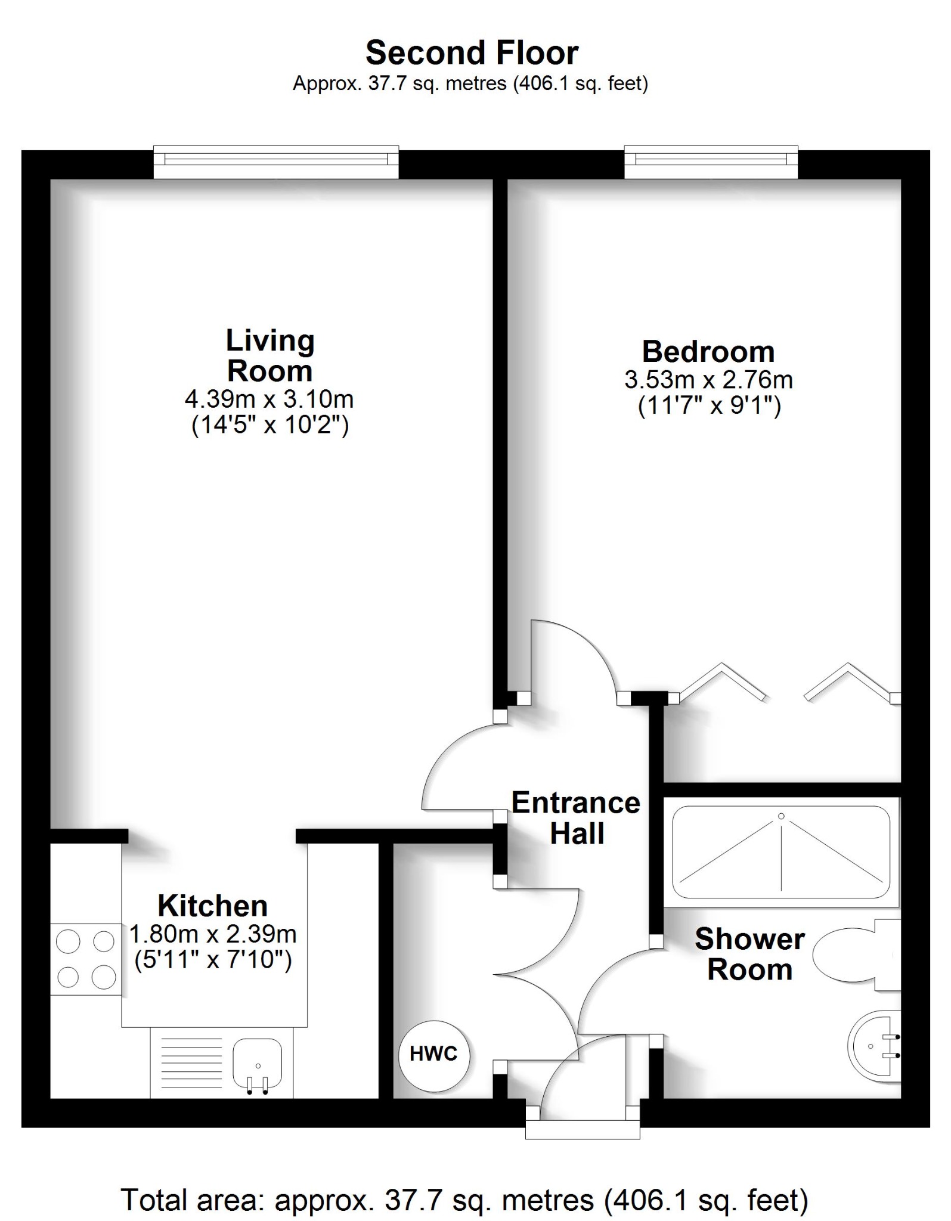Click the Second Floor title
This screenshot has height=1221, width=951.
pyautogui.click(x=472, y=53)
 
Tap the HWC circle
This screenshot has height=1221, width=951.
pyautogui.click(x=433, y=1054)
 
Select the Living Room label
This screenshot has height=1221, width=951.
pyautogui.click(x=270, y=356)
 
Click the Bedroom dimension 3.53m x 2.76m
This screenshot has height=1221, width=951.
pyautogui.click(x=708, y=380)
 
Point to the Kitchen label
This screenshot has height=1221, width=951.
pyautogui.click(x=213, y=906)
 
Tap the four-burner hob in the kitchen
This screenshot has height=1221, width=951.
pyautogui.click(x=86, y=959)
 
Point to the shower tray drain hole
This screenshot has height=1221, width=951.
pyautogui.click(x=781, y=816)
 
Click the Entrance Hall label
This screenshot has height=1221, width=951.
pyautogui.click(x=576, y=818)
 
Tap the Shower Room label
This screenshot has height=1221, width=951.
pyautogui.click(x=749, y=955)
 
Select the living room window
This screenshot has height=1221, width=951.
pyautogui.click(x=275, y=161)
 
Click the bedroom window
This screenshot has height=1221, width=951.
pyautogui.click(x=711, y=161)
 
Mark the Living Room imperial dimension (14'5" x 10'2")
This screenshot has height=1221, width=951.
pyautogui.click(x=270, y=426)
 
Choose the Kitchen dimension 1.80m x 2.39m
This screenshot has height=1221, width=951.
pyautogui.click(x=213, y=934)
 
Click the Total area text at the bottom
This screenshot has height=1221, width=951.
pyautogui.click(x=464, y=1200)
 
